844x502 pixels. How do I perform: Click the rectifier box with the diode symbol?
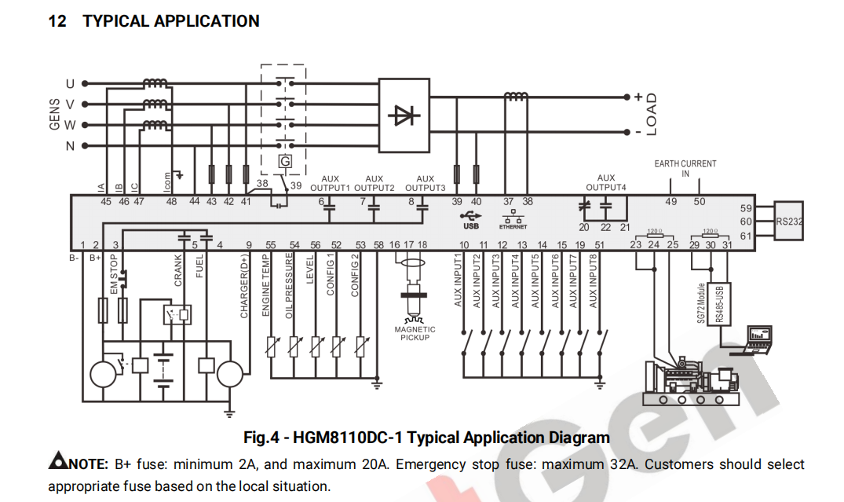[x=404, y=115]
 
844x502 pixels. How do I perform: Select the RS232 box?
[x=787, y=222]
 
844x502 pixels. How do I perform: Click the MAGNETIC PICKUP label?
[x=415, y=333]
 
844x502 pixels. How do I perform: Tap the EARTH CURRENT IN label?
[x=685, y=168]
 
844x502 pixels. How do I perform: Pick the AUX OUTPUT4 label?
[x=606, y=182]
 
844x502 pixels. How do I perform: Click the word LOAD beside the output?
[x=651, y=115]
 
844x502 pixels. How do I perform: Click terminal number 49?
[x=670, y=202]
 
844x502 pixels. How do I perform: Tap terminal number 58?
[x=378, y=245]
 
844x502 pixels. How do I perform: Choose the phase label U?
[x=70, y=83]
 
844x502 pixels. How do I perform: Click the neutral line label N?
[x=70, y=146]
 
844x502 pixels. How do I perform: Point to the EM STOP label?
[x=115, y=274]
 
